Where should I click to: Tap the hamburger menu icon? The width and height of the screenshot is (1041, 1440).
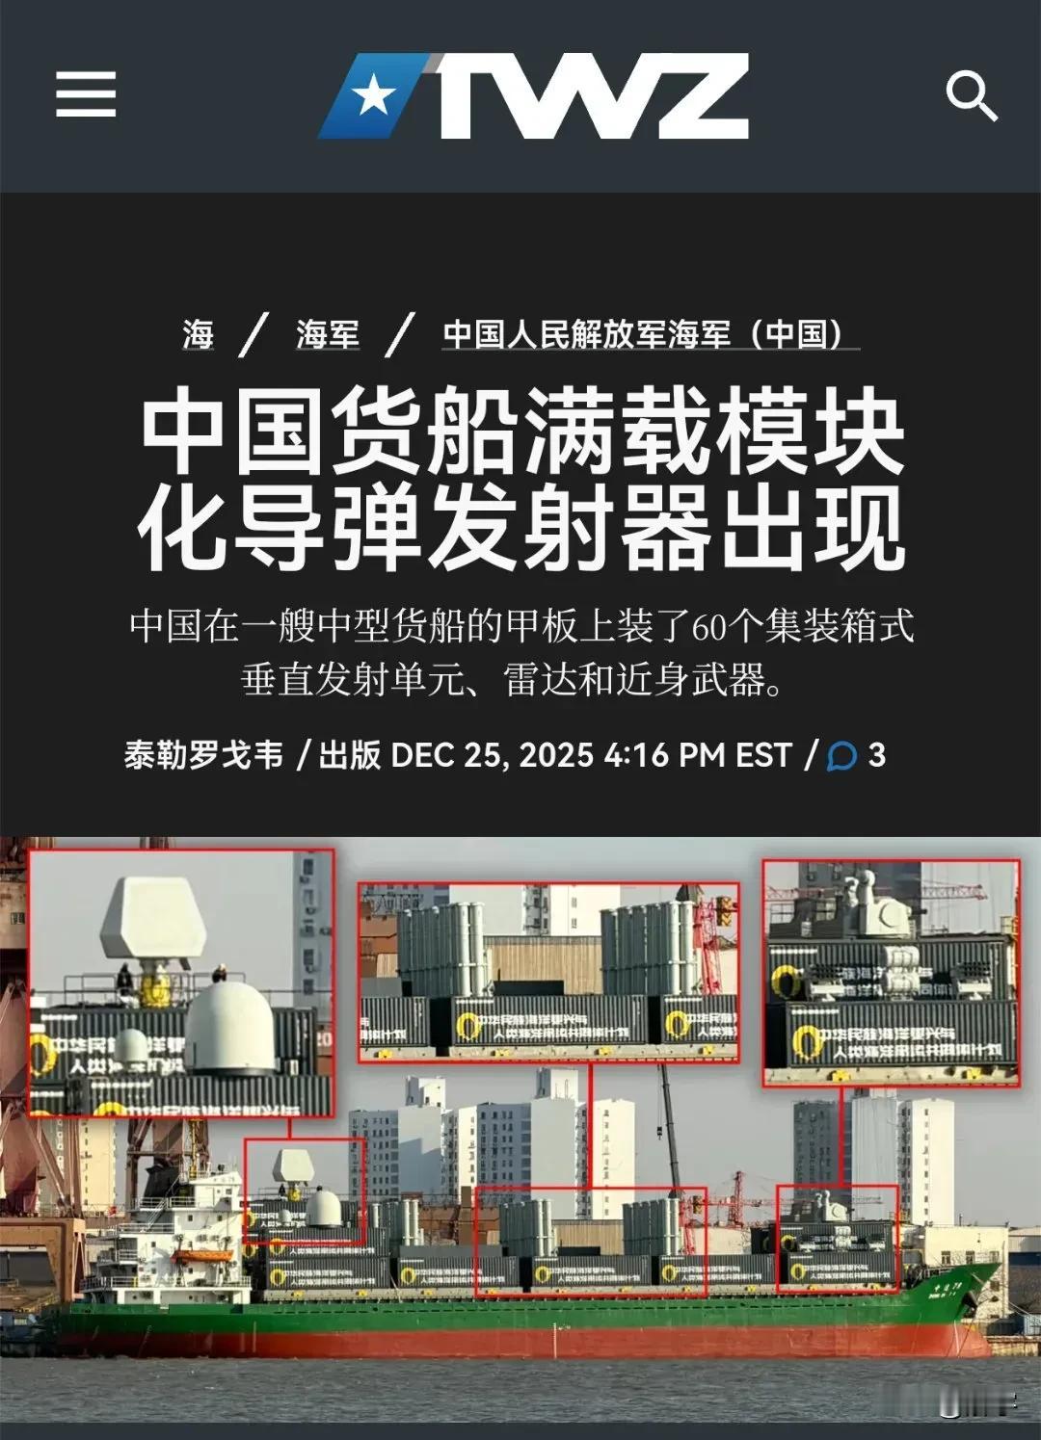point(86,94)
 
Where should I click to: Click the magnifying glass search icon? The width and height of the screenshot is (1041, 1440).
point(970,96)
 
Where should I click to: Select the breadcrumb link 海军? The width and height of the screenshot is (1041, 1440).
point(328,334)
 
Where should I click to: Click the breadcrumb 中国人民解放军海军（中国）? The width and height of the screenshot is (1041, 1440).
point(643,334)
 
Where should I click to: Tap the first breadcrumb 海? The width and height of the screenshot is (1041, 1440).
point(198,334)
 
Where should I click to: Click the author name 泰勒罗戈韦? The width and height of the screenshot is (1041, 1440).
point(203,754)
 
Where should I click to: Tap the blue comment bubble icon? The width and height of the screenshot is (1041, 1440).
point(841,756)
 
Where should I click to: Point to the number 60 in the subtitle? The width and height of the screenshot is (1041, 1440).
point(710,627)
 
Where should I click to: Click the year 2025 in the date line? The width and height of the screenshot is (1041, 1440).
point(554,754)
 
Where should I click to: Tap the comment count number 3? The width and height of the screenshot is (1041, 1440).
point(876,754)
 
